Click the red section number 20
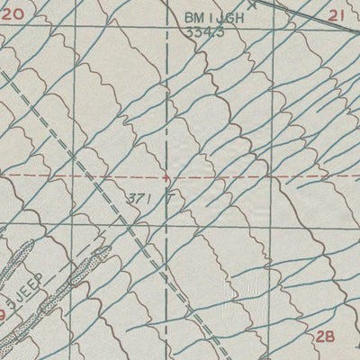[12, 14]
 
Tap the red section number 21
[337, 15]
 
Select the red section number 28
[327, 336]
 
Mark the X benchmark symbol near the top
[252, 4]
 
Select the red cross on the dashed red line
[165, 178]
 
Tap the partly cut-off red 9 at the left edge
[4, 315]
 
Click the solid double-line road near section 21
[315, 18]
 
